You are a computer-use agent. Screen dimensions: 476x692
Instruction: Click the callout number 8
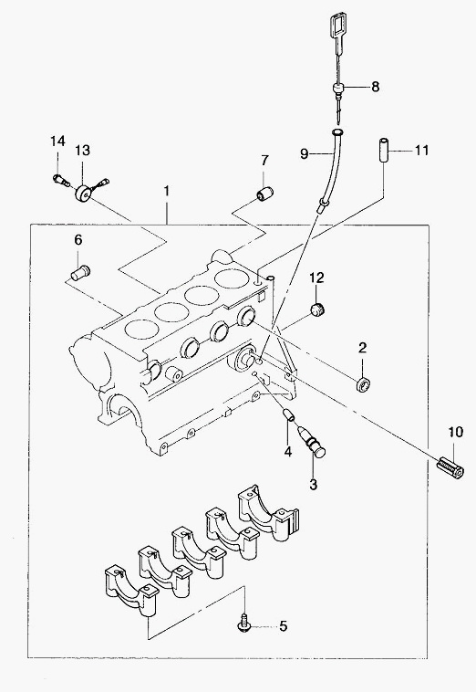(x=375, y=87)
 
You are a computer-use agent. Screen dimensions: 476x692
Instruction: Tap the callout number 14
(x=57, y=142)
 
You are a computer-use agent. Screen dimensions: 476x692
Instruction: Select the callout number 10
(x=456, y=432)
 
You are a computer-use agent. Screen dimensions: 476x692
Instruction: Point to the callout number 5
(x=283, y=625)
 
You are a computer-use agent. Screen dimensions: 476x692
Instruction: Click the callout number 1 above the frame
(x=167, y=191)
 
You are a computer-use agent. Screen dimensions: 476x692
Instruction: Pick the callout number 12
(x=316, y=278)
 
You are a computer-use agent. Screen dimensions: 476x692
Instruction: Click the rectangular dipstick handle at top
(x=338, y=26)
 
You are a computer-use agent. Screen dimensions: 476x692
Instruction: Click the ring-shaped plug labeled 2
(x=364, y=385)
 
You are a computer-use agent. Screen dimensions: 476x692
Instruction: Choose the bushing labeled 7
(x=265, y=194)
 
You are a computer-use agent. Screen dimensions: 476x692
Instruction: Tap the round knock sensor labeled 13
(x=83, y=194)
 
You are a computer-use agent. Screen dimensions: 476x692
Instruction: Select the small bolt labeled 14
(x=61, y=179)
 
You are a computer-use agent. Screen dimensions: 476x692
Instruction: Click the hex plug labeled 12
(x=316, y=309)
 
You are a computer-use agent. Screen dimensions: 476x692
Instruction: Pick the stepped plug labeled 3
(x=312, y=441)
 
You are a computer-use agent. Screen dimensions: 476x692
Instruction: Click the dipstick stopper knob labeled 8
(x=338, y=89)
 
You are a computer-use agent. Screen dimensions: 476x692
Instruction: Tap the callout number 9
(x=305, y=153)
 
